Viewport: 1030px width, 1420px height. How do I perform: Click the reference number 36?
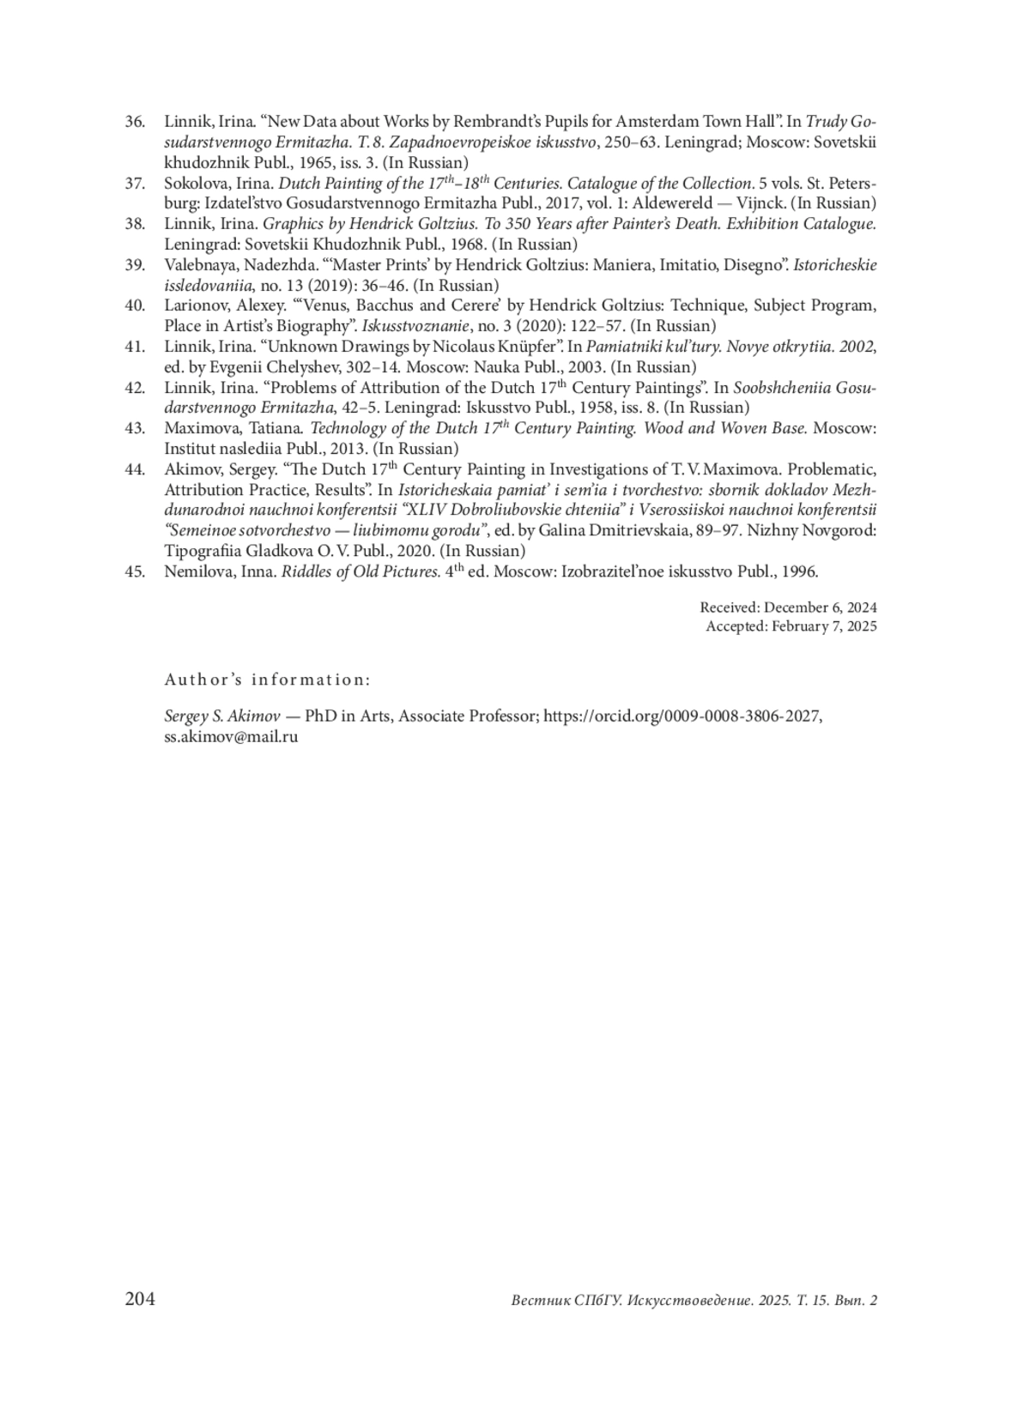tap(135, 121)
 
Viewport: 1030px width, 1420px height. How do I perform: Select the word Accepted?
tap(736, 626)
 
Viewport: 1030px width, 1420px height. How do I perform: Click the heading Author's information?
tap(267, 680)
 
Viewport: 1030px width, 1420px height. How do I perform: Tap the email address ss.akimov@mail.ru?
tap(231, 736)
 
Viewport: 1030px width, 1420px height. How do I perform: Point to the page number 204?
tap(140, 1299)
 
